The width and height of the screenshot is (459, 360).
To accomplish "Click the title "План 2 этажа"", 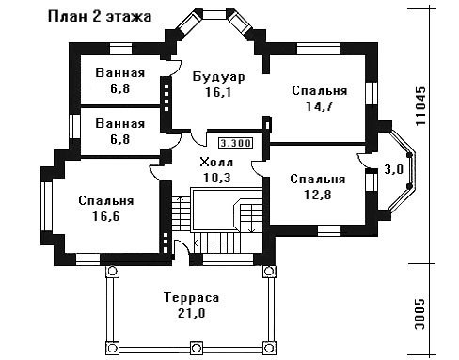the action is [x=100, y=17].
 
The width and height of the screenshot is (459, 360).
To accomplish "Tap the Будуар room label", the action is [x=218, y=77].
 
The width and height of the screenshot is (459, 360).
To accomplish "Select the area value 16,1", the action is [x=218, y=92].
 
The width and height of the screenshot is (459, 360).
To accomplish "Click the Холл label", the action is [x=216, y=163].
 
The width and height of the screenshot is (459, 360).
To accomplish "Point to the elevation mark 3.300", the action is [x=235, y=143].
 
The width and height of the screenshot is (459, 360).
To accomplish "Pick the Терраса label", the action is [x=192, y=297].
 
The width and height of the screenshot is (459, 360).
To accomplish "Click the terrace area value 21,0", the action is [x=192, y=313].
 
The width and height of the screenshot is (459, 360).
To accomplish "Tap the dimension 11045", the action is [x=420, y=106].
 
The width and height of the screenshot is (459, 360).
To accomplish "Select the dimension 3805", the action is [x=420, y=314].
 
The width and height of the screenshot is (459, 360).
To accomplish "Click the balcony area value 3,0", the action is [x=394, y=169].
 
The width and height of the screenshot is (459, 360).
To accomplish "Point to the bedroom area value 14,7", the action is [x=319, y=106].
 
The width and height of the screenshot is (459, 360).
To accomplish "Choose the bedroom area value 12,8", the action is [x=318, y=195].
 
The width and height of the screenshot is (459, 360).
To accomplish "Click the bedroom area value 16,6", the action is [x=106, y=216].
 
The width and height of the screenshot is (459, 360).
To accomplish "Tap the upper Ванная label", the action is [x=120, y=73].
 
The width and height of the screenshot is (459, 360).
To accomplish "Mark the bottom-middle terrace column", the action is [x=196, y=348].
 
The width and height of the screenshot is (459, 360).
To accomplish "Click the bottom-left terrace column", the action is [x=112, y=348].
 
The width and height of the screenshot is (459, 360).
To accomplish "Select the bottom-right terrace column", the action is [x=268, y=348].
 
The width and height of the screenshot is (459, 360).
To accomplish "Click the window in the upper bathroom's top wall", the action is [x=120, y=50].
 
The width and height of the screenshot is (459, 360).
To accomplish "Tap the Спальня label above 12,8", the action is [x=318, y=180].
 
